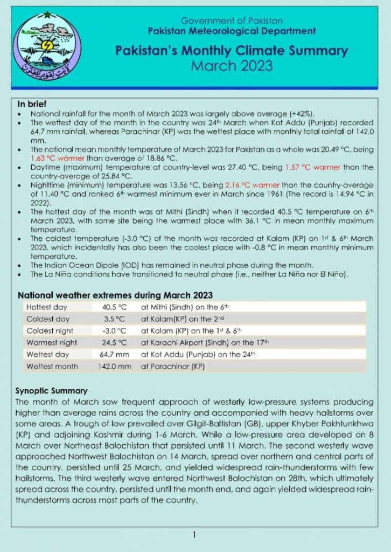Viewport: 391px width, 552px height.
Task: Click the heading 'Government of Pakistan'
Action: tap(232, 20)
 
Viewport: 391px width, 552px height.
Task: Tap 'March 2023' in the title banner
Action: tap(232, 66)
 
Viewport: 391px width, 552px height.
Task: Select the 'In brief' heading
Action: tap(32, 104)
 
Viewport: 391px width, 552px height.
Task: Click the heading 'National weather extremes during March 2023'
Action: tap(115, 295)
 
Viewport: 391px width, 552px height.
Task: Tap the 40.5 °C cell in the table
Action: tap(114, 307)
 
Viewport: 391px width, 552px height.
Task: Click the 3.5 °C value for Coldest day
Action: tap(114, 319)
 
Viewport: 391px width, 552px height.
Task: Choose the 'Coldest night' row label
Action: tap(50, 331)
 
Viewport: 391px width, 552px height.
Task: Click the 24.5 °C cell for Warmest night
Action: tap(114, 343)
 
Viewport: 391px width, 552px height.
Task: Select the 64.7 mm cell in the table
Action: tap(114, 355)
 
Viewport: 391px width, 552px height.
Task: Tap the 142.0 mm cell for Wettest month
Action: tap(114, 367)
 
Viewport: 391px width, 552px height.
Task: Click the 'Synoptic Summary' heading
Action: tap(51, 391)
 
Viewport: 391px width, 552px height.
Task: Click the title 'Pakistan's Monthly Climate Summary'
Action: tap(232, 51)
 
